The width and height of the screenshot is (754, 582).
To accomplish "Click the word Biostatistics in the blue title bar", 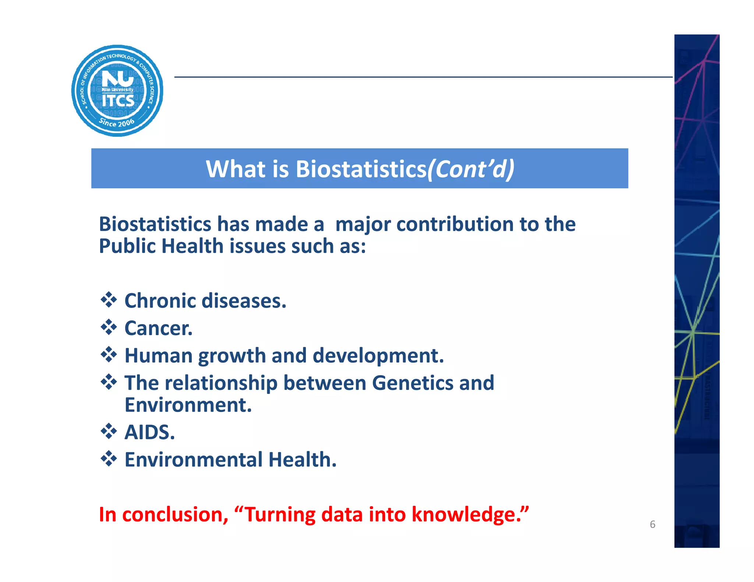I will coord(360,169).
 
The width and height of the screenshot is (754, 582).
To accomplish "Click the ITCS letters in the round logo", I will coord(118,101).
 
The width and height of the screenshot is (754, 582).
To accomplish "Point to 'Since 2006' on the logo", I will coord(117,123).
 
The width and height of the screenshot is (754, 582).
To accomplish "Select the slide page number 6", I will coord(652,524).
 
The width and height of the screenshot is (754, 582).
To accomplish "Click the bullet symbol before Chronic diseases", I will coord(109,300).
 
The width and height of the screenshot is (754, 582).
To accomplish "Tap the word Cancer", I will coord(158,328).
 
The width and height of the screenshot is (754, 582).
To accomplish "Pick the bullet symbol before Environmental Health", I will coord(109,459).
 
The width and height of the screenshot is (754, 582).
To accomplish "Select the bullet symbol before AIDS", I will coord(109,431).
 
